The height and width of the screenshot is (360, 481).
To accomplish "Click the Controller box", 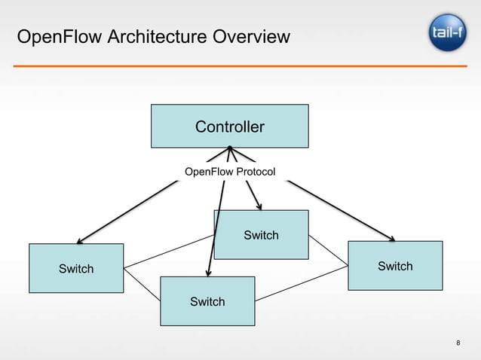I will [x=229, y=126].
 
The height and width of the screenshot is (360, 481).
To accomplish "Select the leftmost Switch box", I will [x=76, y=268].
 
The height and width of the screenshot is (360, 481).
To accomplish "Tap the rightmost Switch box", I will [x=394, y=265].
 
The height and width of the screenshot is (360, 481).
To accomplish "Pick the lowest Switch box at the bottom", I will [x=207, y=301].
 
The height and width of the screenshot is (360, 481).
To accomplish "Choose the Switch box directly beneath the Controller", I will [x=262, y=235].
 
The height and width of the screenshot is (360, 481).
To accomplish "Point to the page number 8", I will [x=459, y=344].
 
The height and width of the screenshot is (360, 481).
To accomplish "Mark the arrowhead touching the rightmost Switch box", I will [x=392, y=239].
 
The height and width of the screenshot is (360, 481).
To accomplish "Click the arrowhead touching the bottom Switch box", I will [x=207, y=274].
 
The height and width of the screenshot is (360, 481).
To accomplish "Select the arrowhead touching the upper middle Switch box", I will [x=259, y=208].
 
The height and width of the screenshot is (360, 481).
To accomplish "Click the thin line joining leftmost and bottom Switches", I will [x=142, y=285].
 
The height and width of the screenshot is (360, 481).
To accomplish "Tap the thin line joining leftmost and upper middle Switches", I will [x=169, y=251].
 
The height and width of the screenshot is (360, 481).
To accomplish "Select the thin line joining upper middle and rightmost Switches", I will [x=328, y=246].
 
